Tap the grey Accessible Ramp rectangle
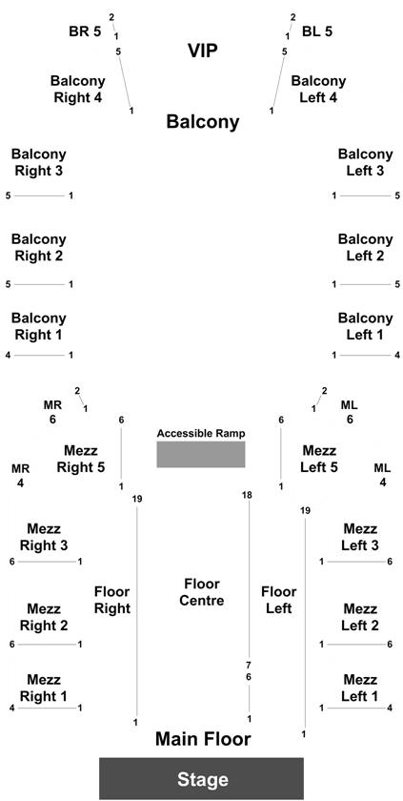201,454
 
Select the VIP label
203,51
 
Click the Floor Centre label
202,592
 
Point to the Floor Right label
112,600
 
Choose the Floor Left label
278,600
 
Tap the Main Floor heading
203,739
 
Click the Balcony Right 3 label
39,162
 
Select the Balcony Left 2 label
366,247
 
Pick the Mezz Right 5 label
81,459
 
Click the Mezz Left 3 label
360,537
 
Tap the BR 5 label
85,31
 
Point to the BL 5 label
317,31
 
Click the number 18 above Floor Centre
248,495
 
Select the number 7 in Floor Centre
249,666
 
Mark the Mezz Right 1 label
44,688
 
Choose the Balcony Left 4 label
318,89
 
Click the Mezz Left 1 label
360,688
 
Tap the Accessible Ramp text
201,433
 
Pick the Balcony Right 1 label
39,326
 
